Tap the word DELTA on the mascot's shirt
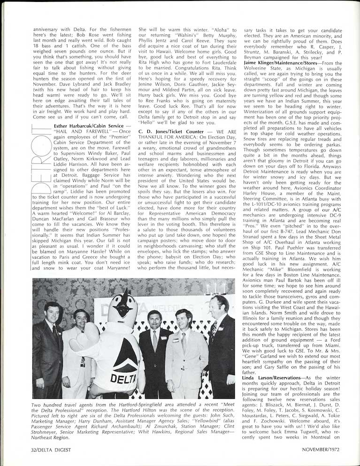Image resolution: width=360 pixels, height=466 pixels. pos(121,377)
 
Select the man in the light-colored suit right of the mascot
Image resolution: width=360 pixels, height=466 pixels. pos(184,350)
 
